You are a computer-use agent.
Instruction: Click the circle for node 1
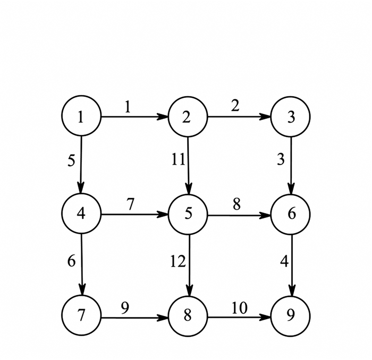click(81, 117)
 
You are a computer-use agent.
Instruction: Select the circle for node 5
click(188, 215)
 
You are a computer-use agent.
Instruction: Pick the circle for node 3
click(290, 117)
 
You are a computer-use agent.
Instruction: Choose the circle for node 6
click(290, 215)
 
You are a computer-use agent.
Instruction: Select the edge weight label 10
click(239, 307)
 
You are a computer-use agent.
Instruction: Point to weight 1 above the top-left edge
click(128, 107)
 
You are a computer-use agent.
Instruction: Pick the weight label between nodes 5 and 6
click(237, 203)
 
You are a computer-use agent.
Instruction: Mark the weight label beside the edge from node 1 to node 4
click(72, 161)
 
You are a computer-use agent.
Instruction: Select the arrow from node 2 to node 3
click(239, 117)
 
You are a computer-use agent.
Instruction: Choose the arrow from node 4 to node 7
click(81, 266)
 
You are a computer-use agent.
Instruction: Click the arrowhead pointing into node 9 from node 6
click(291, 294)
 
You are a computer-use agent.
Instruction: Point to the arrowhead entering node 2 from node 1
click(164, 117)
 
